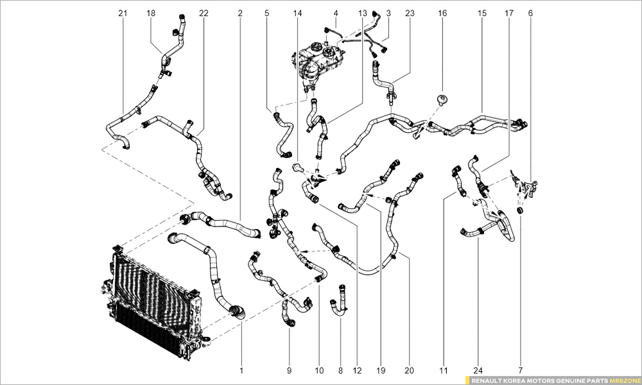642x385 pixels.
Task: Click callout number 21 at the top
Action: click(123, 13)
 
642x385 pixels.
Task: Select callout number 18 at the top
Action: click(151, 13)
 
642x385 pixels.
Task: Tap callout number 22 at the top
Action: click(204, 13)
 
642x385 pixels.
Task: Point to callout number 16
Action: click(442, 13)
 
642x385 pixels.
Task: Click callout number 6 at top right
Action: click(530, 13)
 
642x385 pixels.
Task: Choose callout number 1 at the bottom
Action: click(241, 370)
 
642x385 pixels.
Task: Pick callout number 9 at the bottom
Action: click(289, 370)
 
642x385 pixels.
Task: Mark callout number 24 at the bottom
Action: click(479, 370)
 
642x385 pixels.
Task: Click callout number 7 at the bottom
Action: click(521, 370)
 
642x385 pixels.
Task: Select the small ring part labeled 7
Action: click(521, 210)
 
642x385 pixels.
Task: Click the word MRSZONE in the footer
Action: click(622, 380)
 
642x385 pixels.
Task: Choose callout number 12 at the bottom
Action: click(358, 370)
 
